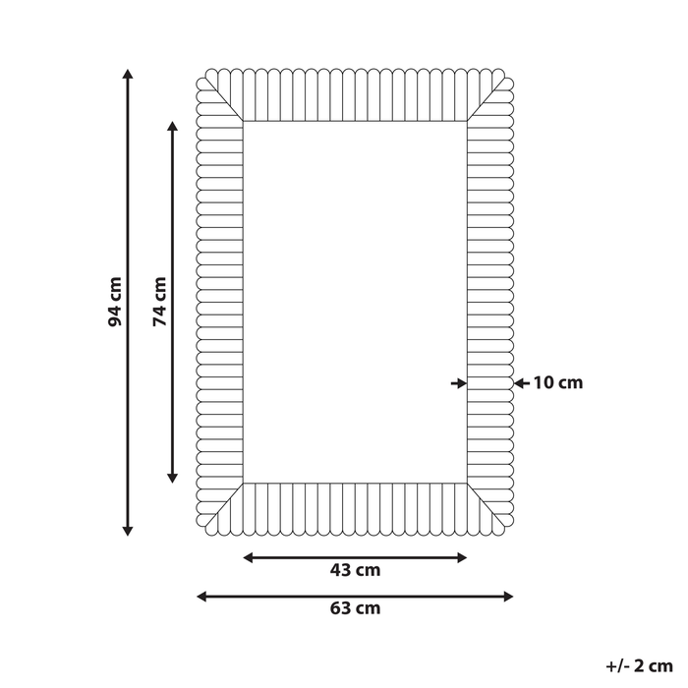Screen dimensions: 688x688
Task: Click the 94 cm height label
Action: tap(115, 302)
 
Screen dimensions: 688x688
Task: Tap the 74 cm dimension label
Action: tap(160, 302)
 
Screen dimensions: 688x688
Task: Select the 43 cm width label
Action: tap(355, 570)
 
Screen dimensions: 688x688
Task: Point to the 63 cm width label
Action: tap(355, 608)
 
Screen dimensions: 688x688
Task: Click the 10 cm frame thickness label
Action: tap(557, 383)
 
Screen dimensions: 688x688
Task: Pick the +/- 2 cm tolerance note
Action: tap(639, 666)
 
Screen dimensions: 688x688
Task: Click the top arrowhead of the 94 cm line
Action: tap(128, 74)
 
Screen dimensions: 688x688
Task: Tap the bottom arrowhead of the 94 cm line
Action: tap(128, 531)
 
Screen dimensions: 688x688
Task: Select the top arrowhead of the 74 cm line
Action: tap(173, 127)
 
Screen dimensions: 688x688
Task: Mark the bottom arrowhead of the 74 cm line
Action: tap(173, 478)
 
